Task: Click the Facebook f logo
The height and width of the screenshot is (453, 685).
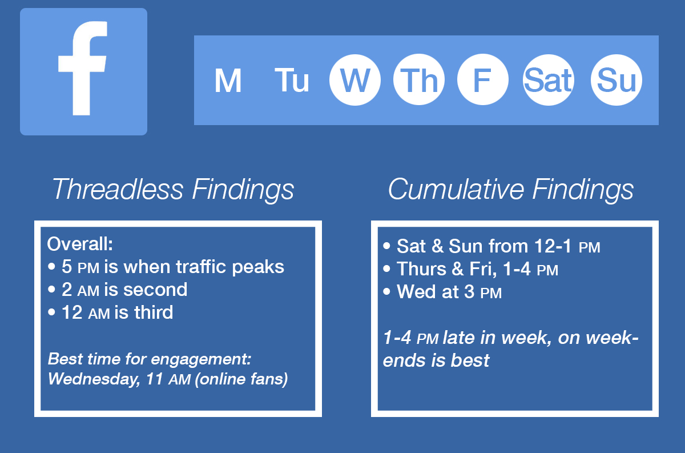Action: pyautogui.click(x=83, y=72)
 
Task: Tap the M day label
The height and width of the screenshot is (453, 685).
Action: pyautogui.click(x=228, y=81)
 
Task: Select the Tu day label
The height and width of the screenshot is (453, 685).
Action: pyautogui.click(x=292, y=81)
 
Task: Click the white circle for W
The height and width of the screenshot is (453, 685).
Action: pyautogui.click(x=355, y=80)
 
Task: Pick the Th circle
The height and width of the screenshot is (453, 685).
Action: pyautogui.click(x=419, y=80)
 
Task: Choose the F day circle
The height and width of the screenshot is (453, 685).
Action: pyautogui.click(x=483, y=80)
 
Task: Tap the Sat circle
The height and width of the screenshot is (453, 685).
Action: pyautogui.click(x=548, y=80)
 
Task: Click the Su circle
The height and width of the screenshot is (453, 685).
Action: pyautogui.click(x=616, y=80)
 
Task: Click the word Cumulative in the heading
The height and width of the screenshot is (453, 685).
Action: pyautogui.click(x=454, y=189)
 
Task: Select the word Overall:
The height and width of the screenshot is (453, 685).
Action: pyautogui.click(x=80, y=244)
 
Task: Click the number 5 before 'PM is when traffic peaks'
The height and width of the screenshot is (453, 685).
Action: pyautogui.click(x=67, y=267)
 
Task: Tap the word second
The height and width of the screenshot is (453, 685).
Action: pyautogui.click(x=155, y=290)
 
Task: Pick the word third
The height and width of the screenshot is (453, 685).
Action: pyautogui.click(x=154, y=312)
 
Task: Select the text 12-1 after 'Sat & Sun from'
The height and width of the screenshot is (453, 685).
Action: pyautogui.click(x=553, y=246)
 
